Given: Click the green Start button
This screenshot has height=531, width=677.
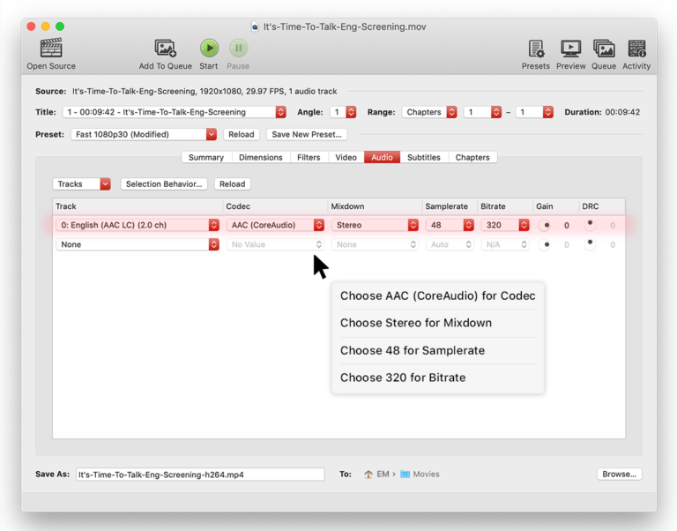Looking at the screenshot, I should (x=209, y=49).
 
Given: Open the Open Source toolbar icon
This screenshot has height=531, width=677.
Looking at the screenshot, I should (x=51, y=49).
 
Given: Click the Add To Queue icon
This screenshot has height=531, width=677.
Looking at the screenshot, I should (x=165, y=49).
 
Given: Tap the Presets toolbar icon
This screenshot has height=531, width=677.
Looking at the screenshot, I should (x=535, y=49).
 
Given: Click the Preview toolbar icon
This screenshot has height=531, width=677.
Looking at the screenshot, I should (x=570, y=49).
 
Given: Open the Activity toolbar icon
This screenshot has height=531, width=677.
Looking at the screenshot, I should (x=636, y=49).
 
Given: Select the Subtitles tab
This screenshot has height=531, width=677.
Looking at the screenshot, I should (x=423, y=158).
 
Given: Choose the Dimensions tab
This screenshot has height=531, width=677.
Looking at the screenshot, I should (x=261, y=158).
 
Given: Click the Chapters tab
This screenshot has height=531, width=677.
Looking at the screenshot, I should (x=472, y=158).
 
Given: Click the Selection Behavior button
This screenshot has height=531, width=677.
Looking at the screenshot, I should (x=164, y=184).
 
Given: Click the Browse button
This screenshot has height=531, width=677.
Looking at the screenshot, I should (x=619, y=475).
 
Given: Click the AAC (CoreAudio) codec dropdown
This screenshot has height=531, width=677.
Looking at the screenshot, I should (x=276, y=225).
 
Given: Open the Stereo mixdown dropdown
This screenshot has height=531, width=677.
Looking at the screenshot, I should (x=375, y=225).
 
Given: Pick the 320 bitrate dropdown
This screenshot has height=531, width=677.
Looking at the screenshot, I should (x=505, y=225).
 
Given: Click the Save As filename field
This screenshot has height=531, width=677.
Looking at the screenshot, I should (x=199, y=475).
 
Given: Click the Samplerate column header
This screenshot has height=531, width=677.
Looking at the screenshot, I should (x=446, y=206).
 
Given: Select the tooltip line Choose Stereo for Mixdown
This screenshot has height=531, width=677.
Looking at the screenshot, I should (x=416, y=323).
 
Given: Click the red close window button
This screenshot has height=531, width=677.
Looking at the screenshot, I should (x=34, y=26).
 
